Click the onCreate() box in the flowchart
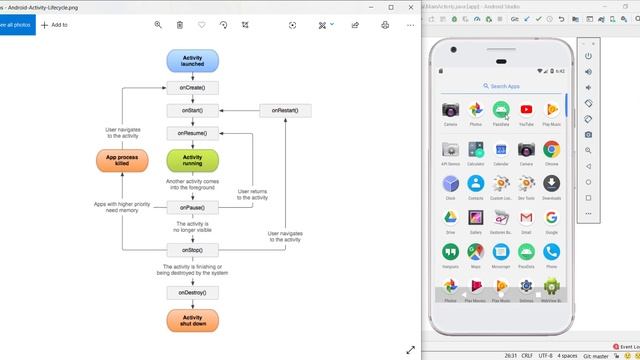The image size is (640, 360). (192, 88)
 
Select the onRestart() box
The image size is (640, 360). (285, 110)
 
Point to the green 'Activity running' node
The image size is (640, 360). (192, 161)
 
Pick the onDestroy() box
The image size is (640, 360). (192, 293)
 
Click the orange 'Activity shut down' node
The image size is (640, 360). (192, 322)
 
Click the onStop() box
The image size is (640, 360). (192, 249)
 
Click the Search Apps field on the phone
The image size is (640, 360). (500, 87)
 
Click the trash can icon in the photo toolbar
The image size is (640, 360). (180, 24)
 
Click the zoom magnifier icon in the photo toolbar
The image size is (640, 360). (158, 24)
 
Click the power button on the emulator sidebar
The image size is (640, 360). (589, 56)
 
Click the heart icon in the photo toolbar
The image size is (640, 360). (202, 24)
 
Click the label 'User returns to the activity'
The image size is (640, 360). (252, 194)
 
